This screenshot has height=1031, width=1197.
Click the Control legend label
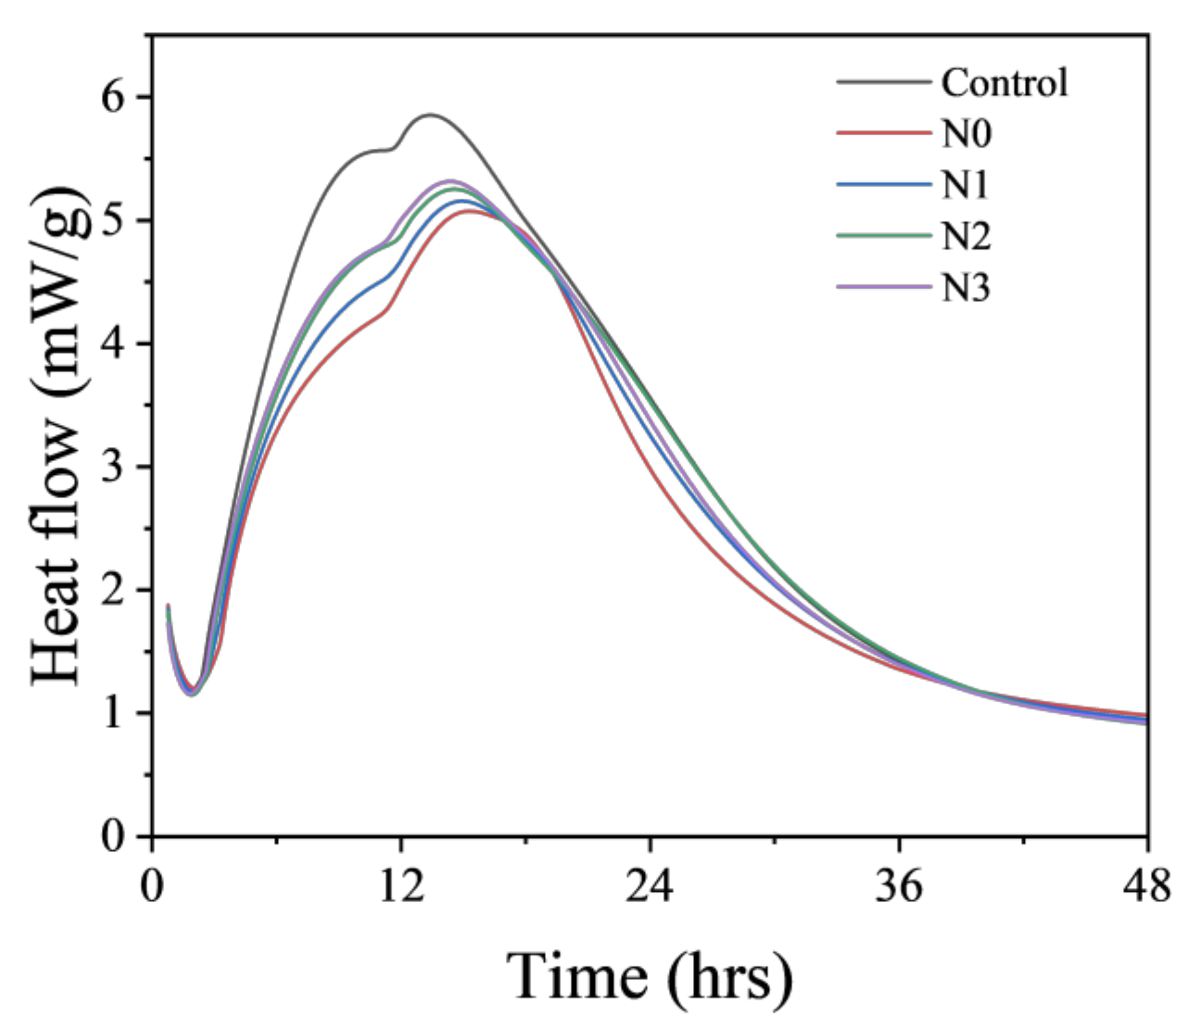[x=1004, y=83]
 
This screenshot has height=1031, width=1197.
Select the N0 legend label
[x=966, y=134]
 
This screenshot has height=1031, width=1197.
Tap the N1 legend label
[x=964, y=185]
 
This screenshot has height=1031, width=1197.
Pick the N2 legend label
[x=966, y=236]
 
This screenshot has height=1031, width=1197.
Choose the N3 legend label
[x=966, y=287]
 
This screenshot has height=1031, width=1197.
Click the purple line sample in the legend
[x=884, y=287]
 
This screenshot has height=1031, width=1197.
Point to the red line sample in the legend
[x=884, y=133]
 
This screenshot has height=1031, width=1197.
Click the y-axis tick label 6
[x=115, y=98]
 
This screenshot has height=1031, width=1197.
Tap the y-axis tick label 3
[x=115, y=467]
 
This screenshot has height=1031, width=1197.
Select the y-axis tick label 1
[x=115, y=713]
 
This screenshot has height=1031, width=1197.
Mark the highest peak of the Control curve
[x=430, y=115]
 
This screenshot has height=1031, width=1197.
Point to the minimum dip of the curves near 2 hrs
[x=192, y=692]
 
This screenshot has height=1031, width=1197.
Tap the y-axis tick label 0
[x=115, y=837]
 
